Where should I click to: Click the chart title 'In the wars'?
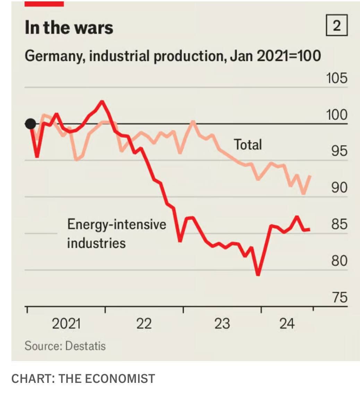[x=69, y=27]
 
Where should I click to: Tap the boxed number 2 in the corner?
[x=336, y=26]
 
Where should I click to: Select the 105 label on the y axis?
[x=336, y=78]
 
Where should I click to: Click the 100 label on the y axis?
[x=336, y=115]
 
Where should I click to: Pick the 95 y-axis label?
[x=338, y=151]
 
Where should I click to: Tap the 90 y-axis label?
[x=338, y=187]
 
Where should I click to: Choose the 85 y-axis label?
[x=338, y=224]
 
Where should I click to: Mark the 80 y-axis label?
[x=338, y=261]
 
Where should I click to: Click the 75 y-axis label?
[x=338, y=297]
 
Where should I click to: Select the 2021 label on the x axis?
[x=66, y=324]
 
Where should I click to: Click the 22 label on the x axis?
[x=144, y=324]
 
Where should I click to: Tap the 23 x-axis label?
[x=222, y=324]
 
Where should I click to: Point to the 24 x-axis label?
[x=287, y=324]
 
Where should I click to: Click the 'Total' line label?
[x=248, y=144]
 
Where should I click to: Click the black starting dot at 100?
[x=31, y=123]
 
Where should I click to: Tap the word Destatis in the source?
[x=85, y=346]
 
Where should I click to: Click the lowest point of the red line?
[x=258, y=275]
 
